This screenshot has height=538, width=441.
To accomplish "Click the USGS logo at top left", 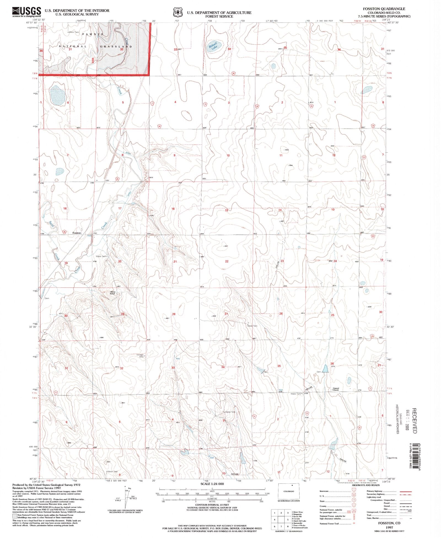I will click(26, 12).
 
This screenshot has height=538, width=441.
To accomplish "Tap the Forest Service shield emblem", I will click(178, 13).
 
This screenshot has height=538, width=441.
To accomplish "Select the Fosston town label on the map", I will click(77, 233).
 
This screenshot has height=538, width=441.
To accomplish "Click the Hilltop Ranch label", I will click(113, 293).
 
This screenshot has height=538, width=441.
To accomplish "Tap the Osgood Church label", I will click(335, 389).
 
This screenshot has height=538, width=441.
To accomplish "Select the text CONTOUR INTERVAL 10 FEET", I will click(212, 505).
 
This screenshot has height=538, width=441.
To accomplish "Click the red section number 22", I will click(227, 261).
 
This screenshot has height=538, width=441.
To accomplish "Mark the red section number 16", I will click(173, 209).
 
